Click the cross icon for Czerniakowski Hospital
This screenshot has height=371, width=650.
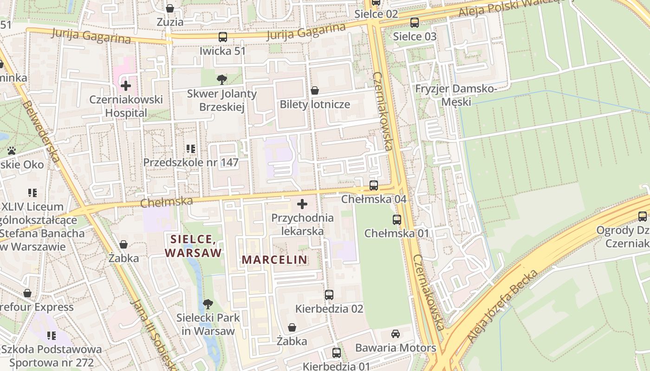coord(125,86)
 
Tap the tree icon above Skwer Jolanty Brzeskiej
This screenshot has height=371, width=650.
coord(222,79)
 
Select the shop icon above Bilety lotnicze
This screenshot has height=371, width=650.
coord(315,90)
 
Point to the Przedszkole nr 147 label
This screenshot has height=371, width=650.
coord(191,162)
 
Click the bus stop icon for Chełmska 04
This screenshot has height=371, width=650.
coord(374,185)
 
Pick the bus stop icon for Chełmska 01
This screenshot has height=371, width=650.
coord(396,219)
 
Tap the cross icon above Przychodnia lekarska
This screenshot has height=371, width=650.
coord(302,204)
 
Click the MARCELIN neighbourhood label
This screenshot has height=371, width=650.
coord(274,260)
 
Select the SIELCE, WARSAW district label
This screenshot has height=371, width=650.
coord(194,246)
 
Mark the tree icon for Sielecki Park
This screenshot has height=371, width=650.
coord(208,304)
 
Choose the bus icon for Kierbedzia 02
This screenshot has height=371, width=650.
coord(329,294)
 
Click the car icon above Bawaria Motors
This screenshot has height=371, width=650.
coord(396,333)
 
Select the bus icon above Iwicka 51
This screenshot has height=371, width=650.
coord(223,37)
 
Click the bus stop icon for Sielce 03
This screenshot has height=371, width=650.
coord(415,22)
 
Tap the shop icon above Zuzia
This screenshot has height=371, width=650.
coord(170,8)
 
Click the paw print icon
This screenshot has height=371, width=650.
coord(12,151)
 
